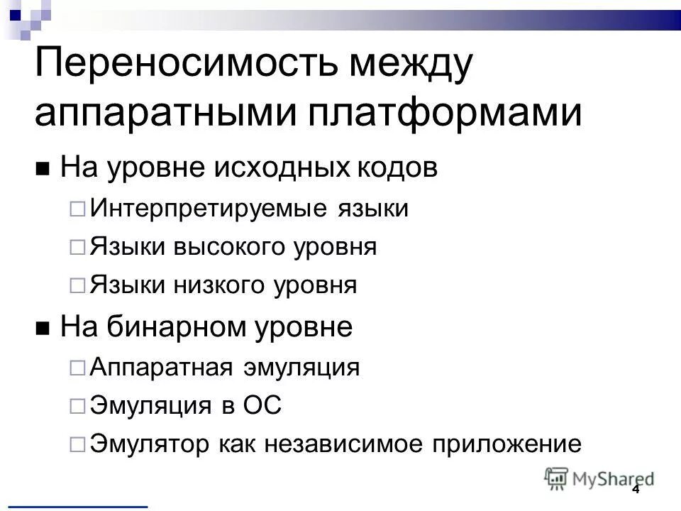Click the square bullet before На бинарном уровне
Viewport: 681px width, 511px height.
click(x=43, y=330)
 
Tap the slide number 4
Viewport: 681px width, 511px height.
click(x=636, y=490)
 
